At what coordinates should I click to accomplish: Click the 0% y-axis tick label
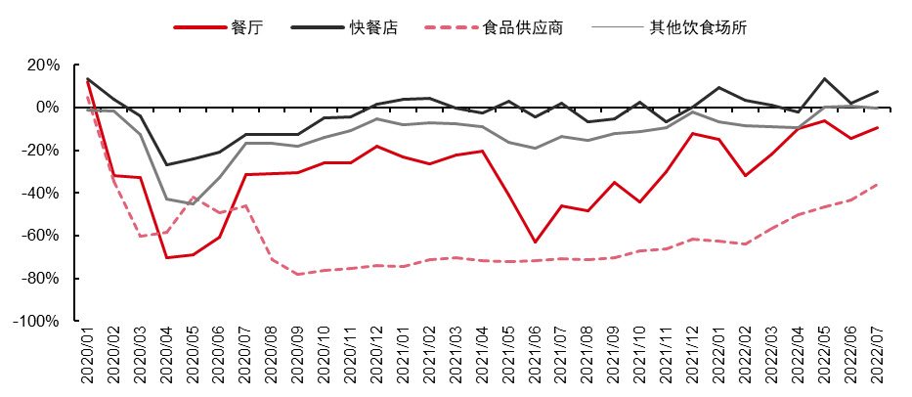[x=49, y=108]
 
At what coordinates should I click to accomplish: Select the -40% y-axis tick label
[x=42, y=194]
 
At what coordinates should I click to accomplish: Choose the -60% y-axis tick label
[x=42, y=236]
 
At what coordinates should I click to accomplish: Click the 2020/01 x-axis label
[x=88, y=358]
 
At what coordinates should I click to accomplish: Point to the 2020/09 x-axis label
[x=299, y=358]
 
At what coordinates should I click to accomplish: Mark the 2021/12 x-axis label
[x=694, y=358]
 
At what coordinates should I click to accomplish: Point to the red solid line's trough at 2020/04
[x=167, y=257]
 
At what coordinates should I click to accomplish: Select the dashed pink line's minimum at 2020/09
[x=299, y=274]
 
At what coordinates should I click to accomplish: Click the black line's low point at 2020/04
[x=167, y=164]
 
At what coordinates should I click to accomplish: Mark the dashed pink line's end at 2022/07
[x=878, y=184]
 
